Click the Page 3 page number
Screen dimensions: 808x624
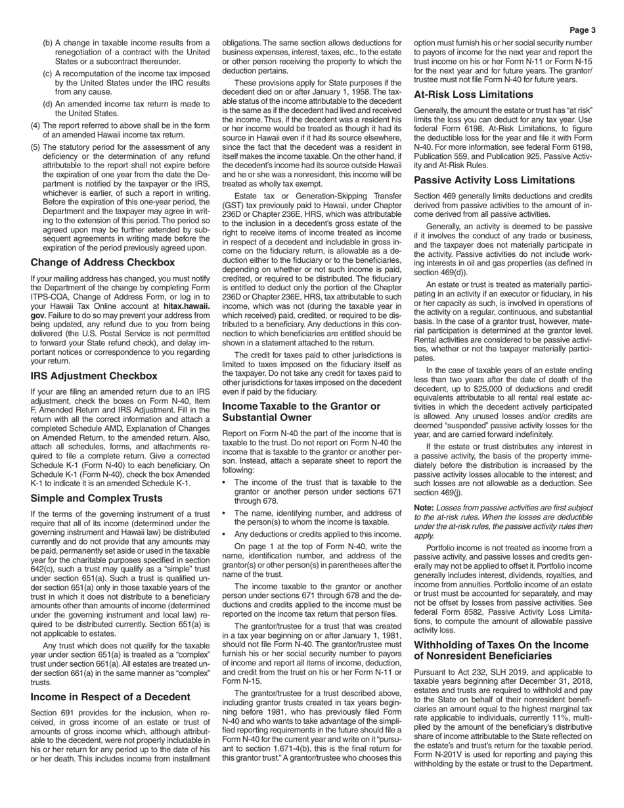582,30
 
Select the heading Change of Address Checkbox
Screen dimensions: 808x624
102,262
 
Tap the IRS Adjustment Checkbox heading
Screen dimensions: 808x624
94,376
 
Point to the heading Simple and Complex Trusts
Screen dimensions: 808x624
97,498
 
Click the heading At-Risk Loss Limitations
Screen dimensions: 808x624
474,95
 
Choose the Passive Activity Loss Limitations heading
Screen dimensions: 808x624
495,180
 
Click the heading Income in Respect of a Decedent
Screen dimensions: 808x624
110,696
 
